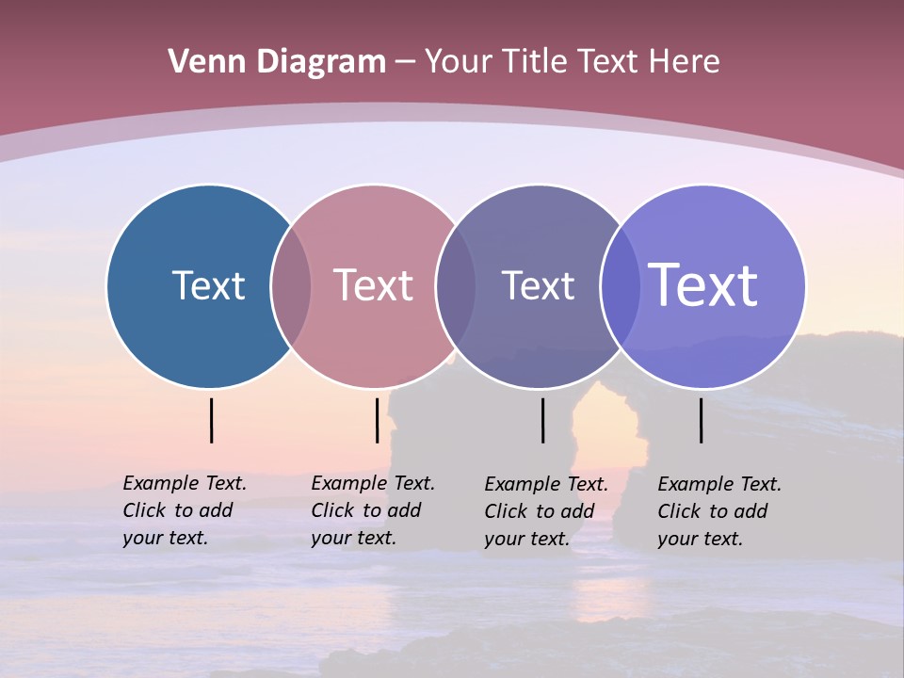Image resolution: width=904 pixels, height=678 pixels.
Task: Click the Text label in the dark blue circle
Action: tap(208, 285)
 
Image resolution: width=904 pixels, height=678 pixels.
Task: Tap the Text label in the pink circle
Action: tap(373, 285)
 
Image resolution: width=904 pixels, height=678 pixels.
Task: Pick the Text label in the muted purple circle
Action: tap(538, 285)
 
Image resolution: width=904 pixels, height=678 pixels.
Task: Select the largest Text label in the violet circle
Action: tap(703, 285)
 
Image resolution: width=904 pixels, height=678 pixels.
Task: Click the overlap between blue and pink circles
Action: tap(291, 285)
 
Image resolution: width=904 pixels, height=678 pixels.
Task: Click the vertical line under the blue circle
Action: tap(211, 420)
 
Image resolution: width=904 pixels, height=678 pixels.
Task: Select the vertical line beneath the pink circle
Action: tap(377, 420)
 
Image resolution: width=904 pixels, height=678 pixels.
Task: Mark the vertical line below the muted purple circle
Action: tap(542, 420)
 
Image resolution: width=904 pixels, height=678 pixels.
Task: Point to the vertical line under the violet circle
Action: tap(701, 420)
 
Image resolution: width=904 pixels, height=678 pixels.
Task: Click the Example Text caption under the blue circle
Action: tap(185, 510)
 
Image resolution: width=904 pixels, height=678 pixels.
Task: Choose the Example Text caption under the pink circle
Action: tap(373, 510)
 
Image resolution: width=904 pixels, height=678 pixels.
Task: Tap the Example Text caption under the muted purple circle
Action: tap(546, 511)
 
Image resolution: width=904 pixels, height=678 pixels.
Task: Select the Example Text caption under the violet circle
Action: tap(719, 511)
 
